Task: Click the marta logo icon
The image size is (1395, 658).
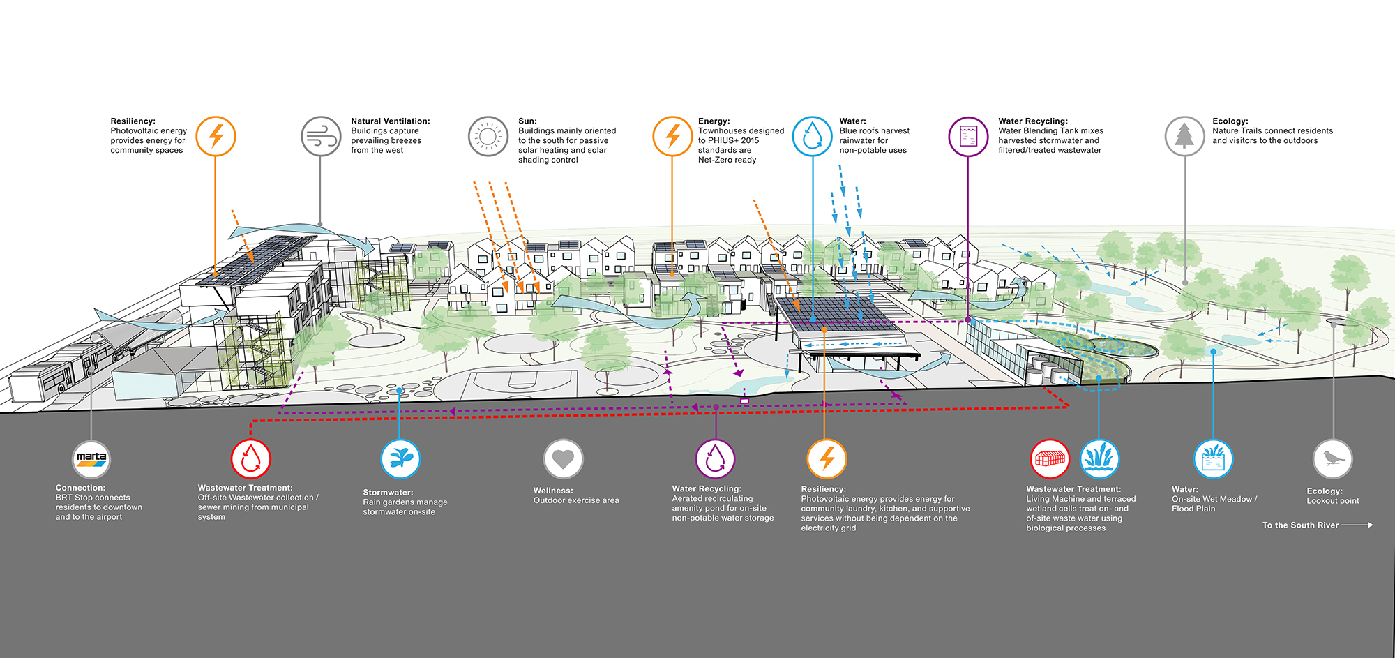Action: [91, 458]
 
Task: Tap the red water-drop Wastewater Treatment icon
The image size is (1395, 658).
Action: [251, 458]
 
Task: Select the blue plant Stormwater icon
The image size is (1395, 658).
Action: [400, 458]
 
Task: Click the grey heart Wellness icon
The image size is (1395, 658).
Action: [563, 458]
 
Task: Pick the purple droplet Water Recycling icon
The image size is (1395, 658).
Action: [715, 458]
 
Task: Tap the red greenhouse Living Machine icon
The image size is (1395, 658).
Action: [1050, 458]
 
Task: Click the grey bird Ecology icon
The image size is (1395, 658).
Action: [1332, 458]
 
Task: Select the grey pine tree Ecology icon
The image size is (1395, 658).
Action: [1184, 136]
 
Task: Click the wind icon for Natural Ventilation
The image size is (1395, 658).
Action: [321, 136]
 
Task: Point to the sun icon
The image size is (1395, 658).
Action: [488, 136]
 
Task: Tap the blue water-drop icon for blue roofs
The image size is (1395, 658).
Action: [812, 136]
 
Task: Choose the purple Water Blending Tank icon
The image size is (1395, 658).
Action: [968, 136]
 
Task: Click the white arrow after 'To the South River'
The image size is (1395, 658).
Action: [1357, 525]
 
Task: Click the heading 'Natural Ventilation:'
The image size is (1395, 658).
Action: [390, 121]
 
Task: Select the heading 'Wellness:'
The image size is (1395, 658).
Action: [552, 491]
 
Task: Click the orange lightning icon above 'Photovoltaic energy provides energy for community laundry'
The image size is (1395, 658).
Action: [827, 458]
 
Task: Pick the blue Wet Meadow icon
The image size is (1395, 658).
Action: [1213, 458]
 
